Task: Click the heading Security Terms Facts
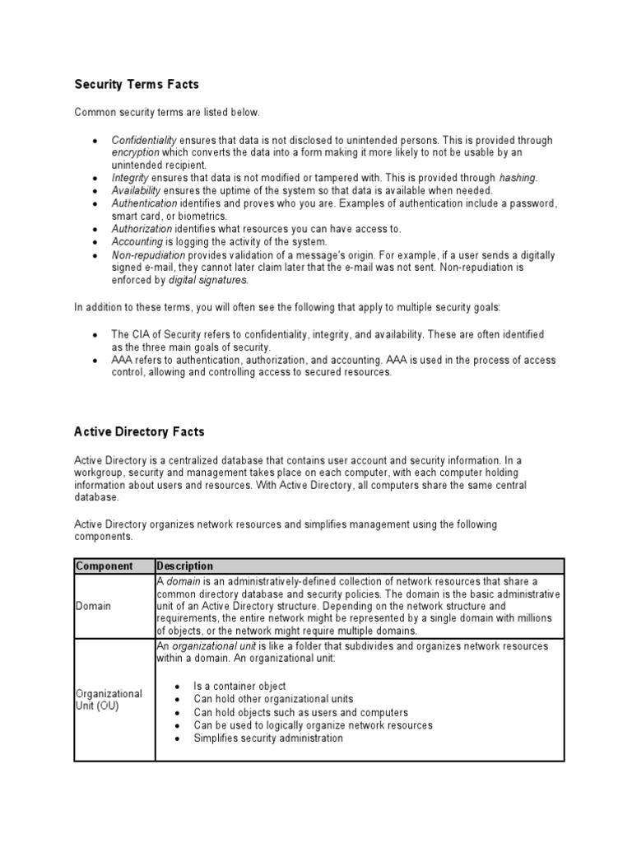[x=137, y=84]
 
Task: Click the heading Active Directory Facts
[x=139, y=431]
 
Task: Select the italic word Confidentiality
[x=144, y=141]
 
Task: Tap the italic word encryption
[x=136, y=153]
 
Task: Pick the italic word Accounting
[x=137, y=241]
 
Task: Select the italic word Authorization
[x=142, y=228]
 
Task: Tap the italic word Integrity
[x=131, y=178]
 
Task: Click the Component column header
[x=104, y=566]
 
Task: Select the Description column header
[x=185, y=566]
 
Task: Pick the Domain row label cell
[x=94, y=606]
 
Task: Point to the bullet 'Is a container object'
[x=239, y=686]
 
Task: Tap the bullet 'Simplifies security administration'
[x=268, y=738]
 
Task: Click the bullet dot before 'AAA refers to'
[x=96, y=361]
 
